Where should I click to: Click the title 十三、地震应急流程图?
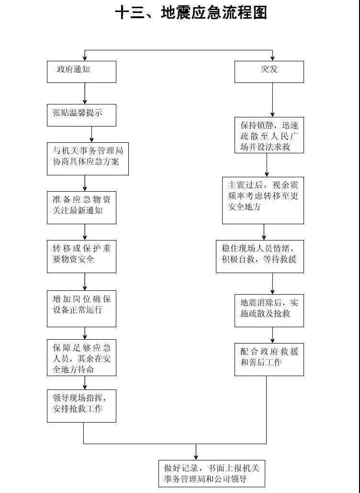pyautogui.click(x=191, y=13)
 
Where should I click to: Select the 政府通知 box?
pyautogui.click(x=81, y=72)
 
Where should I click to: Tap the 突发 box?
pyautogui.click(x=269, y=72)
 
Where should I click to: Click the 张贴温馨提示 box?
pyautogui.click(x=81, y=115)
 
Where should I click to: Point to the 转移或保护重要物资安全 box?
pyautogui.click(x=81, y=256)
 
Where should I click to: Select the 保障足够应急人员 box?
pyautogui.click(x=81, y=357)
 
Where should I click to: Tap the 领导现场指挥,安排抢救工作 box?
pyautogui.click(x=81, y=405)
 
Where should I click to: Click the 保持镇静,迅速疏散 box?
pyautogui.click(x=269, y=135)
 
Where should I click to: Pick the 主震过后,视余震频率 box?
pyautogui.click(x=263, y=200)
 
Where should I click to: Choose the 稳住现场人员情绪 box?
pyautogui.click(x=259, y=256)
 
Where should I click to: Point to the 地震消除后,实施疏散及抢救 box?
pyautogui.click(x=269, y=310)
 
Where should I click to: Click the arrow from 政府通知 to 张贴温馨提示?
pyautogui.click(x=85, y=93)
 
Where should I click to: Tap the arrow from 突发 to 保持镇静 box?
pyautogui.click(x=272, y=100)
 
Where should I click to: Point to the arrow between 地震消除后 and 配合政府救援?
pyautogui.click(x=272, y=335)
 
